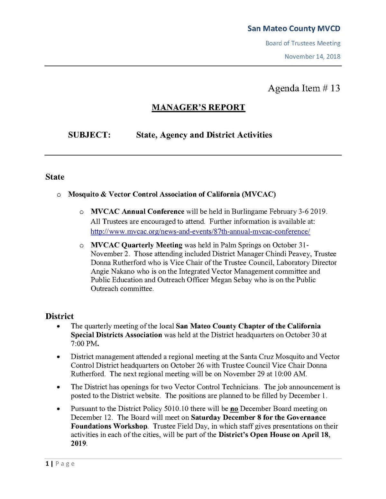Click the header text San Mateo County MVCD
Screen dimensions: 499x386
click(293, 29)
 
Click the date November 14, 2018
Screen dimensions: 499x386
click(312, 57)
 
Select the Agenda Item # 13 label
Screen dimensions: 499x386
click(304, 88)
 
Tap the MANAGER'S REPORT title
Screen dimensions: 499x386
click(198, 107)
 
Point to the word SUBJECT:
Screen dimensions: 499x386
click(89, 135)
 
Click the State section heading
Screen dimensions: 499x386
click(55, 177)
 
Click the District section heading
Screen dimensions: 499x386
click(60, 316)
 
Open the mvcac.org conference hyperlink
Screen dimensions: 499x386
click(200, 231)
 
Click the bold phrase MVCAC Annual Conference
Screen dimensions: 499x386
click(137, 211)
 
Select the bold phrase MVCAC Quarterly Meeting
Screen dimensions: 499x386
click(136, 245)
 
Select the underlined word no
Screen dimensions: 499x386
click(234, 409)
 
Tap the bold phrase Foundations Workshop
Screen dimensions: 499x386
click(109, 426)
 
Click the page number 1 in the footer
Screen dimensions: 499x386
click(47, 463)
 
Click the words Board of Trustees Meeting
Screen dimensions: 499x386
click(303, 43)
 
